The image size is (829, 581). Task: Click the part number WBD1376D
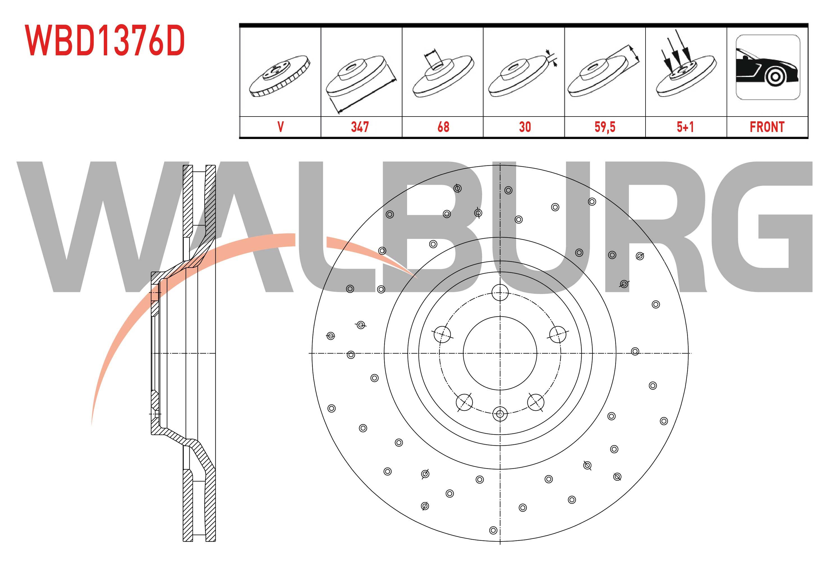click(105, 41)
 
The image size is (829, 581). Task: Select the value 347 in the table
click(360, 127)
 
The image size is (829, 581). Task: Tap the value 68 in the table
click(443, 127)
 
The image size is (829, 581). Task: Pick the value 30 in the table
click(525, 127)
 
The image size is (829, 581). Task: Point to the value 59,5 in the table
click(605, 127)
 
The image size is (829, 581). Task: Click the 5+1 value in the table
click(685, 127)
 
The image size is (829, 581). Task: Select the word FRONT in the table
click(767, 127)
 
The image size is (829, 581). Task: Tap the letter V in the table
click(281, 127)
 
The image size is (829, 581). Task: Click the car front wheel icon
click(768, 67)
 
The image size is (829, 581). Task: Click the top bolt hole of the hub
click(500, 292)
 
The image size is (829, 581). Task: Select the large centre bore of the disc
click(500, 353)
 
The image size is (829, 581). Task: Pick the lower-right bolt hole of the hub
click(536, 402)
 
